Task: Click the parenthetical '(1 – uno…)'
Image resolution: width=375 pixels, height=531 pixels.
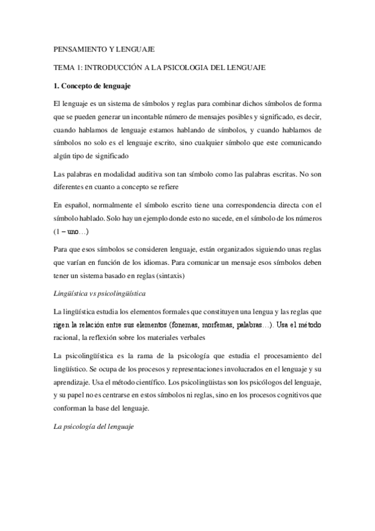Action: (71, 231)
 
